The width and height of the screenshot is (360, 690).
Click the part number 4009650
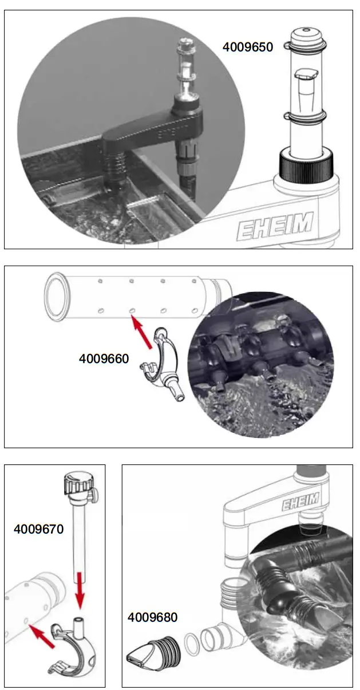click(248, 46)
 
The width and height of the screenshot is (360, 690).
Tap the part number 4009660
click(104, 359)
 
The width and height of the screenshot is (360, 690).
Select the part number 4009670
click(38, 529)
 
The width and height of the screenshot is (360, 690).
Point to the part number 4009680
click(152, 617)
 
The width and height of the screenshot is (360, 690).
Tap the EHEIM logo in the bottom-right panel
click(299, 504)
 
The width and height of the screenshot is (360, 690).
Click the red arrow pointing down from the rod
click(80, 593)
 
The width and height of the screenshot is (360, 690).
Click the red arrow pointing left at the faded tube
click(43, 637)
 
